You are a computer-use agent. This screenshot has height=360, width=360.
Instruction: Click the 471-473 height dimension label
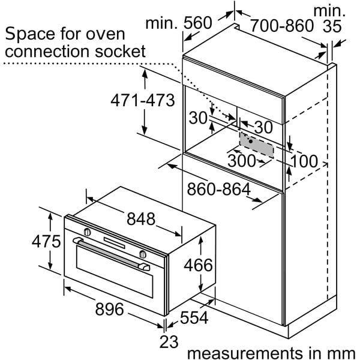pos(142,100)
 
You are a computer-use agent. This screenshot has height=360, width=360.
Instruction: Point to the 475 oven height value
pos(46,242)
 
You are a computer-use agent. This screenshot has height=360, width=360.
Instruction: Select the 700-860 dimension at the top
pos(281,25)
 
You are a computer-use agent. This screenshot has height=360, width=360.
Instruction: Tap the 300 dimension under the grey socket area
pos(241,161)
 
